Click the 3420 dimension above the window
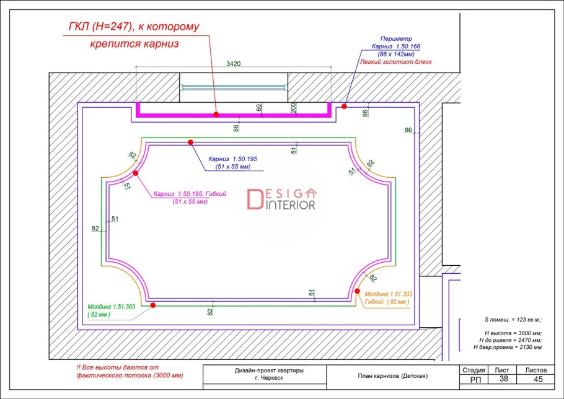233,64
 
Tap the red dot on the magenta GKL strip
216,114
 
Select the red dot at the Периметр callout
344,106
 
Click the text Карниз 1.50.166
395,46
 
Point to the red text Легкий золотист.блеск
395,62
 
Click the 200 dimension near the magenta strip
294,107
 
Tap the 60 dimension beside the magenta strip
259,108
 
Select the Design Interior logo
281,199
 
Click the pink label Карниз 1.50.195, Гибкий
190,194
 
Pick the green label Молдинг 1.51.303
112,307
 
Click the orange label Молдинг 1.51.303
389,294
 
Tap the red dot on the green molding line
153,305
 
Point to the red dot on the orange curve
357,291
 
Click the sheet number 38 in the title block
503,379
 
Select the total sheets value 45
538,379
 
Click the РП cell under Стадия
475,380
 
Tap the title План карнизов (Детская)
393,376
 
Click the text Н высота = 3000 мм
513,333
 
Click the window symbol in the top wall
234,87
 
